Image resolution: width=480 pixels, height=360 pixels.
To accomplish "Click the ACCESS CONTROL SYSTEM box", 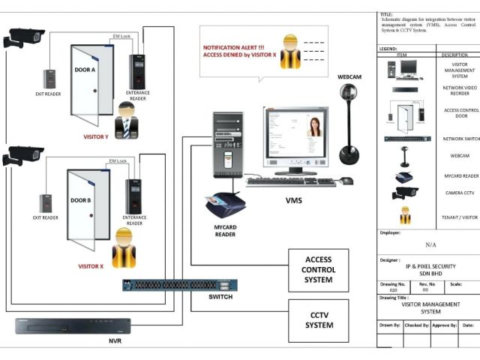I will (x=319, y=270).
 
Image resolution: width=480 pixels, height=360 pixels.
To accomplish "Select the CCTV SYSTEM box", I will (x=319, y=319).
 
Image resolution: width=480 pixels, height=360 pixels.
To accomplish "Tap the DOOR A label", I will (x=84, y=70).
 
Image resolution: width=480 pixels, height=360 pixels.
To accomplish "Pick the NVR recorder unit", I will (x=73, y=326).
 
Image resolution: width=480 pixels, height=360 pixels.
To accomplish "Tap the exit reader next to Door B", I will (x=46, y=202).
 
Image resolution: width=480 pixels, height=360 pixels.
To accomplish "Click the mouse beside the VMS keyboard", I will (x=346, y=181).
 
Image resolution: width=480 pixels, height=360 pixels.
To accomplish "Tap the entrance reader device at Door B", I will (x=133, y=196).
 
